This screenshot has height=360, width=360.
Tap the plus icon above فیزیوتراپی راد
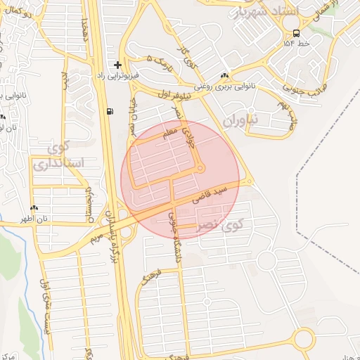tap(117, 64)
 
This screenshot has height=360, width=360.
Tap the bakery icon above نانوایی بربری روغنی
tap(224, 76)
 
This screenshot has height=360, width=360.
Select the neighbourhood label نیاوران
tap(240, 120)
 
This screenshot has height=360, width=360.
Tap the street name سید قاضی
tap(212, 195)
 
